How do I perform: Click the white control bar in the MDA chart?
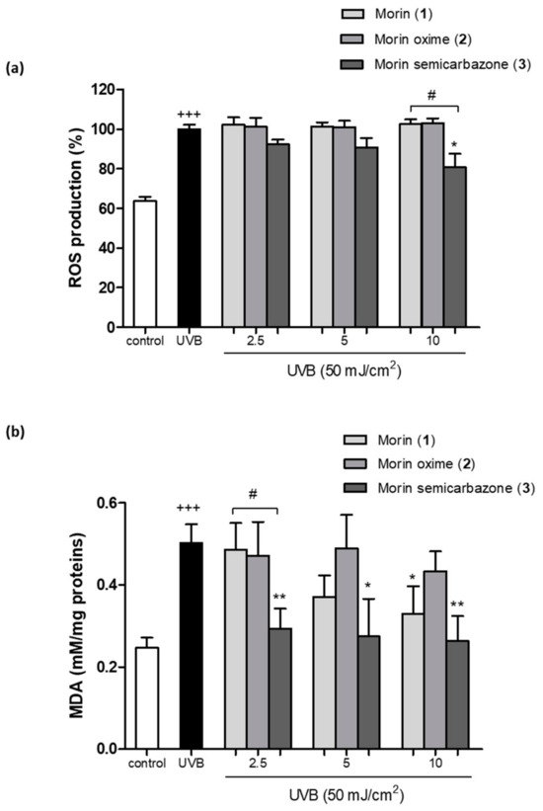coord(145,697)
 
